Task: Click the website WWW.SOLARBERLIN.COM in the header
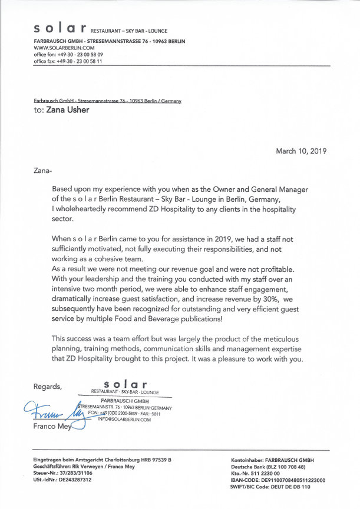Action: click(x=64, y=47)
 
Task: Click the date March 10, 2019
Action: click(x=301, y=151)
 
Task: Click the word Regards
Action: click(x=48, y=387)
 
